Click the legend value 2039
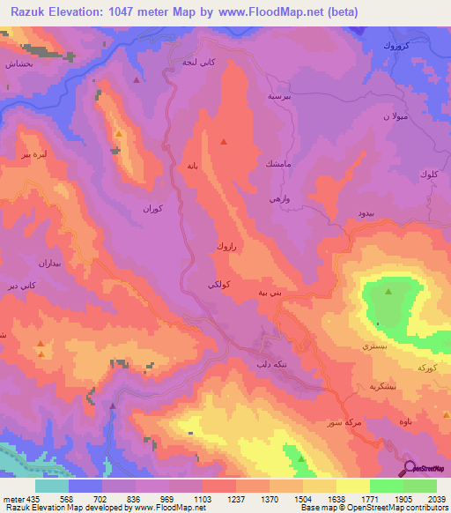(x=438, y=498)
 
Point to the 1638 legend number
(x=336, y=498)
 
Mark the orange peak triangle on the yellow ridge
(x=119, y=133)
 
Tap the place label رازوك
(x=228, y=249)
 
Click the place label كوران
(x=153, y=209)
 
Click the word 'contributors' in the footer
(x=423, y=509)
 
